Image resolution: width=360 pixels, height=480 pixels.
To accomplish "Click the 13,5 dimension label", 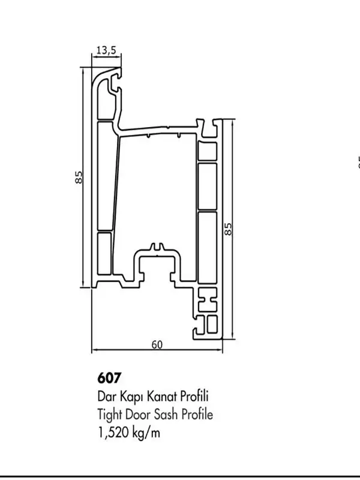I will click(x=106, y=50).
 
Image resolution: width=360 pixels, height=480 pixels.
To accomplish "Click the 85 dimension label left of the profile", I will click(x=79, y=177).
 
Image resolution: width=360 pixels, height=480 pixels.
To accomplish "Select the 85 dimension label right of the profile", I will click(x=228, y=229).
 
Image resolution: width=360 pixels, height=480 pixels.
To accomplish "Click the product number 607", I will click(x=109, y=379).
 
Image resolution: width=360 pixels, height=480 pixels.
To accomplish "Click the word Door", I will click(x=140, y=414).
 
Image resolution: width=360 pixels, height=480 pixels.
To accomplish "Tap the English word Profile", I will click(x=198, y=414).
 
